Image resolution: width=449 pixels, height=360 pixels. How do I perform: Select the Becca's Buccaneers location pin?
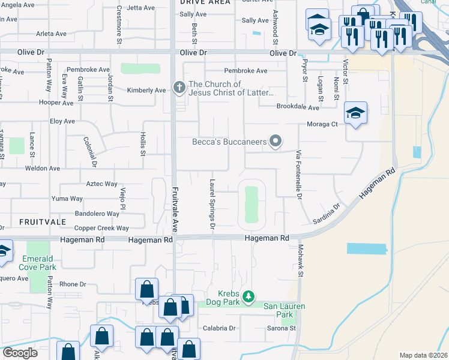tap(276, 142)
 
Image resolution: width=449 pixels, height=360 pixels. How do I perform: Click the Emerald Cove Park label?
tap(39, 262)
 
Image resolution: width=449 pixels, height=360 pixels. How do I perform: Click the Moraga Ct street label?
tap(324, 124)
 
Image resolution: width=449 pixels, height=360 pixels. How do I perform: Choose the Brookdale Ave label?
tap(298, 107)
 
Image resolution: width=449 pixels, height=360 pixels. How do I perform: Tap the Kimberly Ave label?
tap(146, 91)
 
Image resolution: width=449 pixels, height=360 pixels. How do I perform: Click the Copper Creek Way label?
tap(101, 229)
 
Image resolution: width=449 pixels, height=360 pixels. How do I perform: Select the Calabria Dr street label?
tap(218, 328)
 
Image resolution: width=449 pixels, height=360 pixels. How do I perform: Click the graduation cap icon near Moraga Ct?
tap(355, 112)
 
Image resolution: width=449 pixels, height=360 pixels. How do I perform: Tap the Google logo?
tap(20, 353)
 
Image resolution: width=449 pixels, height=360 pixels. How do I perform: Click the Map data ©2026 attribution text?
tap(423, 355)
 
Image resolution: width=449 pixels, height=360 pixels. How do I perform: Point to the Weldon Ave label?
tap(43, 169)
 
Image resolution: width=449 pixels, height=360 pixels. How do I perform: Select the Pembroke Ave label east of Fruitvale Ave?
tap(246, 71)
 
